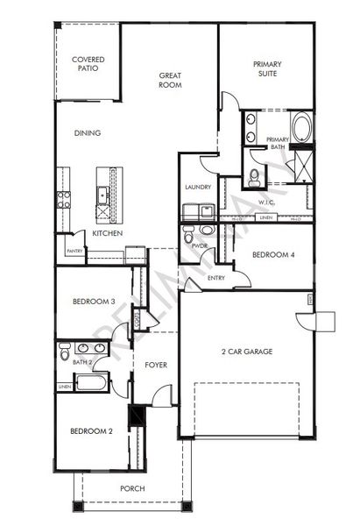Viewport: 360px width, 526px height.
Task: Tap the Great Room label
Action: coord(169,81)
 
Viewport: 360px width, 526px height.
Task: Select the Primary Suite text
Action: coord(267,68)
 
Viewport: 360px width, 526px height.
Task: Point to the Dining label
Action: coord(87,133)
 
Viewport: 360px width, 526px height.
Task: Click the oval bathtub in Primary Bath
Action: coord(301,128)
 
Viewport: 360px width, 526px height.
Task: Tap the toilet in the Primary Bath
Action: coord(254,177)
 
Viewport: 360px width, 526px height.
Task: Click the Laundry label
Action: coord(196,188)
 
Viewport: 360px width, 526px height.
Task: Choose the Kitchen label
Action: coord(107,234)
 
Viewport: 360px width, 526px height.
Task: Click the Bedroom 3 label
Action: coord(93,302)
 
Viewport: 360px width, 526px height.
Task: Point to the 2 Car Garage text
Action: coord(246,352)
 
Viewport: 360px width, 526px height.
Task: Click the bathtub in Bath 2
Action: coord(90,382)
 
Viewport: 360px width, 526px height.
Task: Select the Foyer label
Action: coord(155,364)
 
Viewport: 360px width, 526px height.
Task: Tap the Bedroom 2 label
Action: coord(92,430)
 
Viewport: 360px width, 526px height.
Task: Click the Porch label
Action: coord(132,488)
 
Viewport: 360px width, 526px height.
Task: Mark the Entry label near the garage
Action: coord(216,278)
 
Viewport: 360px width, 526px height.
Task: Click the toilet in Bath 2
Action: coord(66,352)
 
